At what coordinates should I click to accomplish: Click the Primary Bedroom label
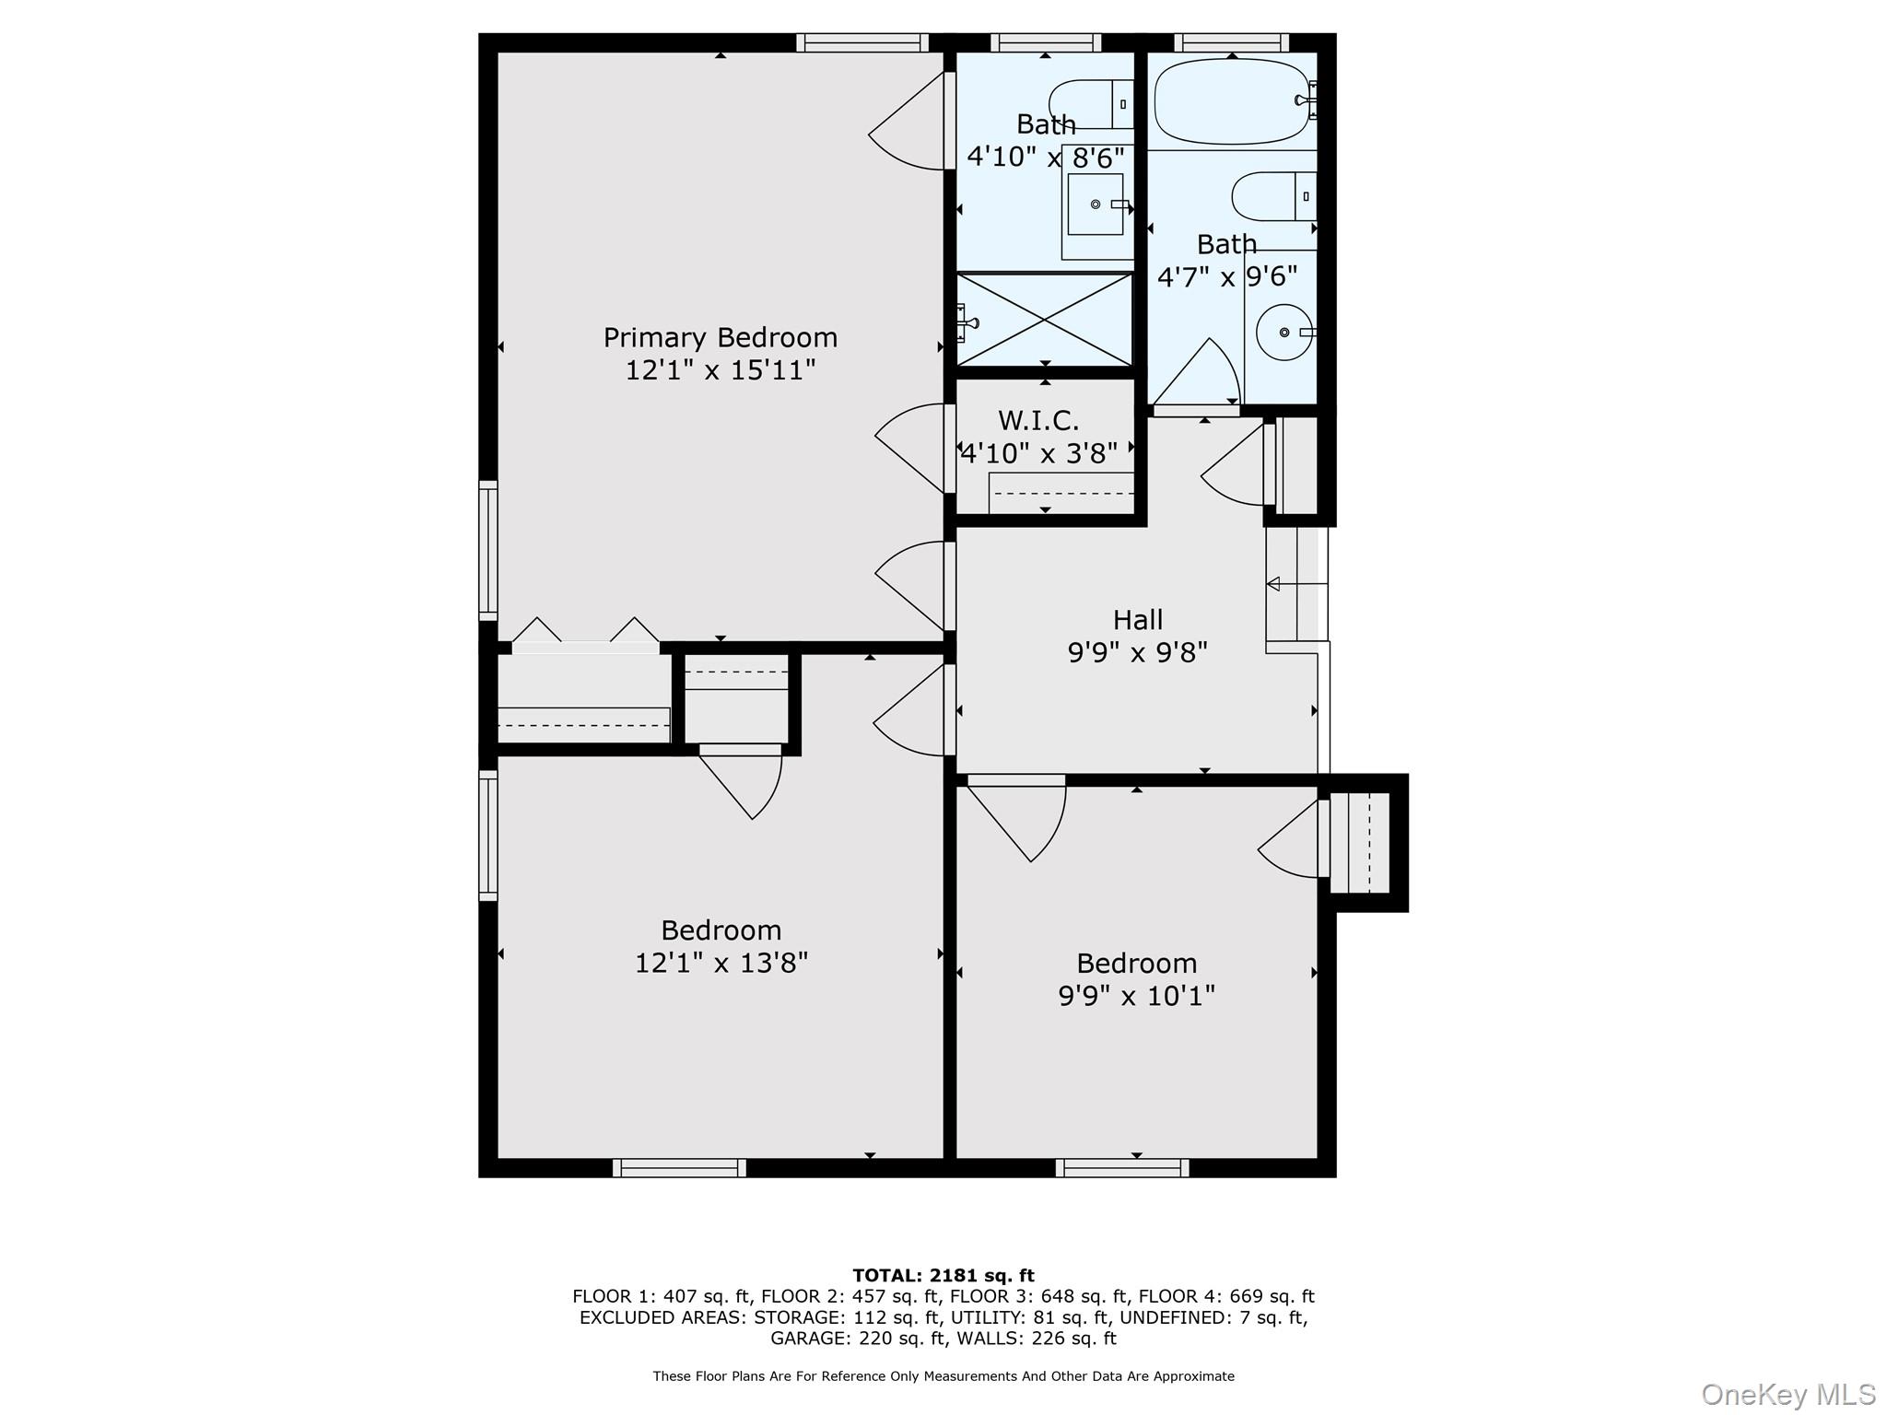click(720, 337)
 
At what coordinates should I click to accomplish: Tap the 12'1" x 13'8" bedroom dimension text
click(721, 963)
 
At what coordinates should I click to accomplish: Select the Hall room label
click(1137, 619)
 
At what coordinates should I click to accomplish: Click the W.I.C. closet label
click(1038, 420)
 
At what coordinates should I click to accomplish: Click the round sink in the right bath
click(1283, 332)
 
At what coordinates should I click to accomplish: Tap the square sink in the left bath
click(1095, 204)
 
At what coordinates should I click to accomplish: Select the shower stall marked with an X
click(1044, 319)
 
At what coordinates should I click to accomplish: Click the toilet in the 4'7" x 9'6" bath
click(1272, 196)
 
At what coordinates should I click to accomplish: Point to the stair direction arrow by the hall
click(1274, 584)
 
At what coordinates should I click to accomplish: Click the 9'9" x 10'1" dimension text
click(1136, 996)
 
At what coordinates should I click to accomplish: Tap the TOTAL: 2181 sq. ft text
click(943, 1275)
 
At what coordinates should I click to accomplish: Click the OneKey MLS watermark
click(1787, 1394)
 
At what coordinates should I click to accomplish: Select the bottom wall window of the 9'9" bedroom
click(1121, 1168)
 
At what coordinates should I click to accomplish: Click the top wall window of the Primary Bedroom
click(862, 42)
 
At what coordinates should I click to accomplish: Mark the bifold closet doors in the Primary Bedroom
click(585, 636)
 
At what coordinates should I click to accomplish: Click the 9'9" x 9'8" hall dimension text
click(1137, 652)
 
